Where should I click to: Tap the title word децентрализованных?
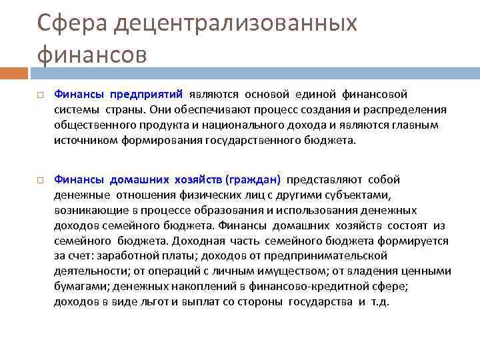coord(236,23)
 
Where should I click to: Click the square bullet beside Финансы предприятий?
coord(40,95)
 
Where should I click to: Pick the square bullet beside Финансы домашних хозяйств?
coord(40,181)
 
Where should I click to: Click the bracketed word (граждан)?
coord(253,179)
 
